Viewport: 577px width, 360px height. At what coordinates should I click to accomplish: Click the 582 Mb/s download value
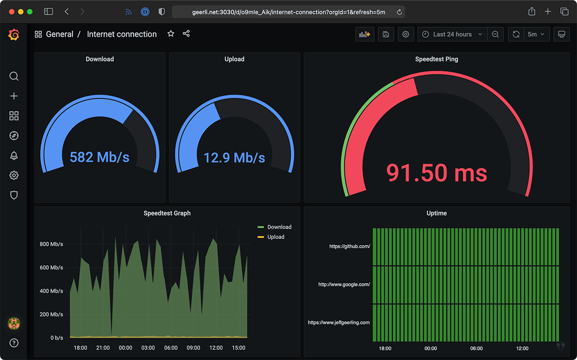pos(100,157)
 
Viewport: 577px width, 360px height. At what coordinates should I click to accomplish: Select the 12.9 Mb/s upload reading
pos(234,157)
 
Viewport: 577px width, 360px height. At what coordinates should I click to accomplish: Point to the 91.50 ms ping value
pos(437,173)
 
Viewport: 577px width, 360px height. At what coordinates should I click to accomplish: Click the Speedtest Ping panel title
pos(437,59)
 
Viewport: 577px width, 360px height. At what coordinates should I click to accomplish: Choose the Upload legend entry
pos(276,237)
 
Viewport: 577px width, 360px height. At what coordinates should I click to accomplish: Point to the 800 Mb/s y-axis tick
pos(51,244)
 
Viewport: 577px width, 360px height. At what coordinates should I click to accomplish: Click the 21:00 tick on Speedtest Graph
pos(103,348)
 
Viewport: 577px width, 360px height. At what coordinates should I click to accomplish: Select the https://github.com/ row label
pos(350,247)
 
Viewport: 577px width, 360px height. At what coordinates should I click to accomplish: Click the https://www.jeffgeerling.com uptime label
pos(339,323)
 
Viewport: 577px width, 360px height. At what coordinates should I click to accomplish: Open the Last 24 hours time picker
pos(452,34)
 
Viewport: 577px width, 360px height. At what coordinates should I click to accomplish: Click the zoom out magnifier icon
pos(495,34)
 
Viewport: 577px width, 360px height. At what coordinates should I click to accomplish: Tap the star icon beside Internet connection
pos(171,34)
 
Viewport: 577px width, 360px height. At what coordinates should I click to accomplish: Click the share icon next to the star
pos(186,34)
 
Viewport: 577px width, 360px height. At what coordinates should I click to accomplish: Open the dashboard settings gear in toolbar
pos(406,34)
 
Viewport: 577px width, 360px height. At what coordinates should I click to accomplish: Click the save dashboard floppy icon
pos(386,34)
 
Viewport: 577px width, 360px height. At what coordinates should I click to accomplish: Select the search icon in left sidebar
pos(14,76)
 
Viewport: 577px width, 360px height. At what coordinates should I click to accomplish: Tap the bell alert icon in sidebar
pos(14,155)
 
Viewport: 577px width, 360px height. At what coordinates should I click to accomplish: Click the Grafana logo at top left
pos(14,35)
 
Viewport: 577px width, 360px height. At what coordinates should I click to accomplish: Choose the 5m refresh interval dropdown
pos(535,34)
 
